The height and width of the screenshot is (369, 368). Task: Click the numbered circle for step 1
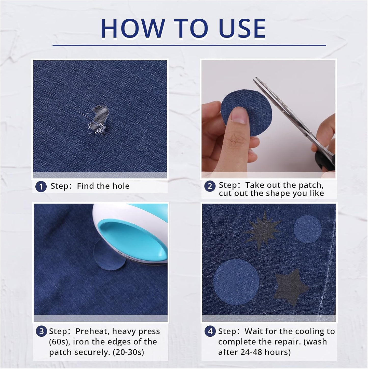41,186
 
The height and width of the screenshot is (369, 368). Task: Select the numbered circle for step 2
210,186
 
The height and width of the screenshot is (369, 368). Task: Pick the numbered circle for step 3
41,331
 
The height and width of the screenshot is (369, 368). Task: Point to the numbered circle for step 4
210,331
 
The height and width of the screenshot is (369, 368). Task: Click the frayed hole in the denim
97,120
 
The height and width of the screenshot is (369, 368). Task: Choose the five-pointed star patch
291,287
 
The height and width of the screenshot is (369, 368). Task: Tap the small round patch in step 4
307,229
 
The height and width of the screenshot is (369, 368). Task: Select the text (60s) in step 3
59,342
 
